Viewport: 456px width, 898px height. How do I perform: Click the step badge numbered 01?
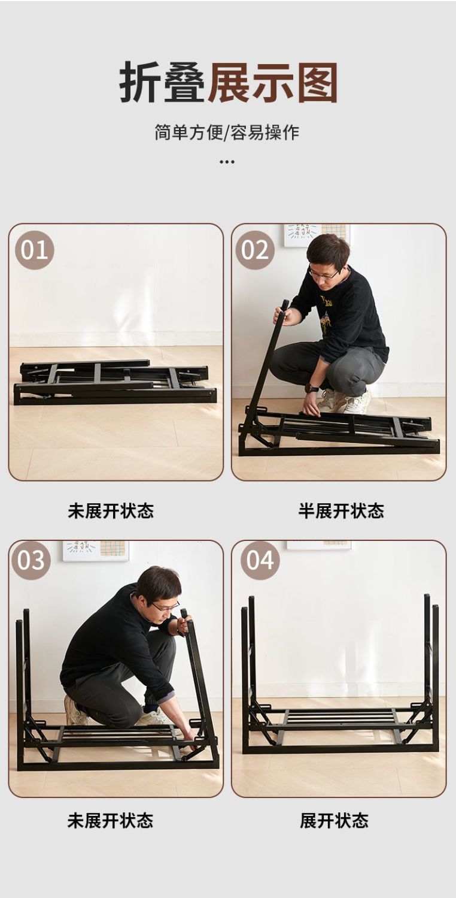pos(35,250)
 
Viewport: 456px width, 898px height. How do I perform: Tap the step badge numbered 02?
pos(255,250)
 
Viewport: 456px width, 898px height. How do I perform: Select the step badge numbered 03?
pos(31,560)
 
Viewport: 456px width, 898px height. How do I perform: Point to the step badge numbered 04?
pos(260,560)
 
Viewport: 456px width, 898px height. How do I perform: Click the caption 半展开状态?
pos(341,511)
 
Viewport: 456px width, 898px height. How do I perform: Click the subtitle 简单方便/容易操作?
pos(227,132)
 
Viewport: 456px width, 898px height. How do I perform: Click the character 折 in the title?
pos(141,83)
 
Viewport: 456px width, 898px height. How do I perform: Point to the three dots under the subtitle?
pos(227,162)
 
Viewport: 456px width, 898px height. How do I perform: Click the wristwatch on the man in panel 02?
pos(312,388)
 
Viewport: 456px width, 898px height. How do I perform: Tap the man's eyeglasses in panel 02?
pos(324,274)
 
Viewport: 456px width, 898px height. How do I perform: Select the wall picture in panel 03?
pos(96,551)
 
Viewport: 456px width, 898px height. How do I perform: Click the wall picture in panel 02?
pos(317,235)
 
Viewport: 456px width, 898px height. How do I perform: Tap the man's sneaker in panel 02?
pos(357,403)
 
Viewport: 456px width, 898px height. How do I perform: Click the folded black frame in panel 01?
pos(115,382)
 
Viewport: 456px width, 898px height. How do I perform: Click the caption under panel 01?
pos(111,511)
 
